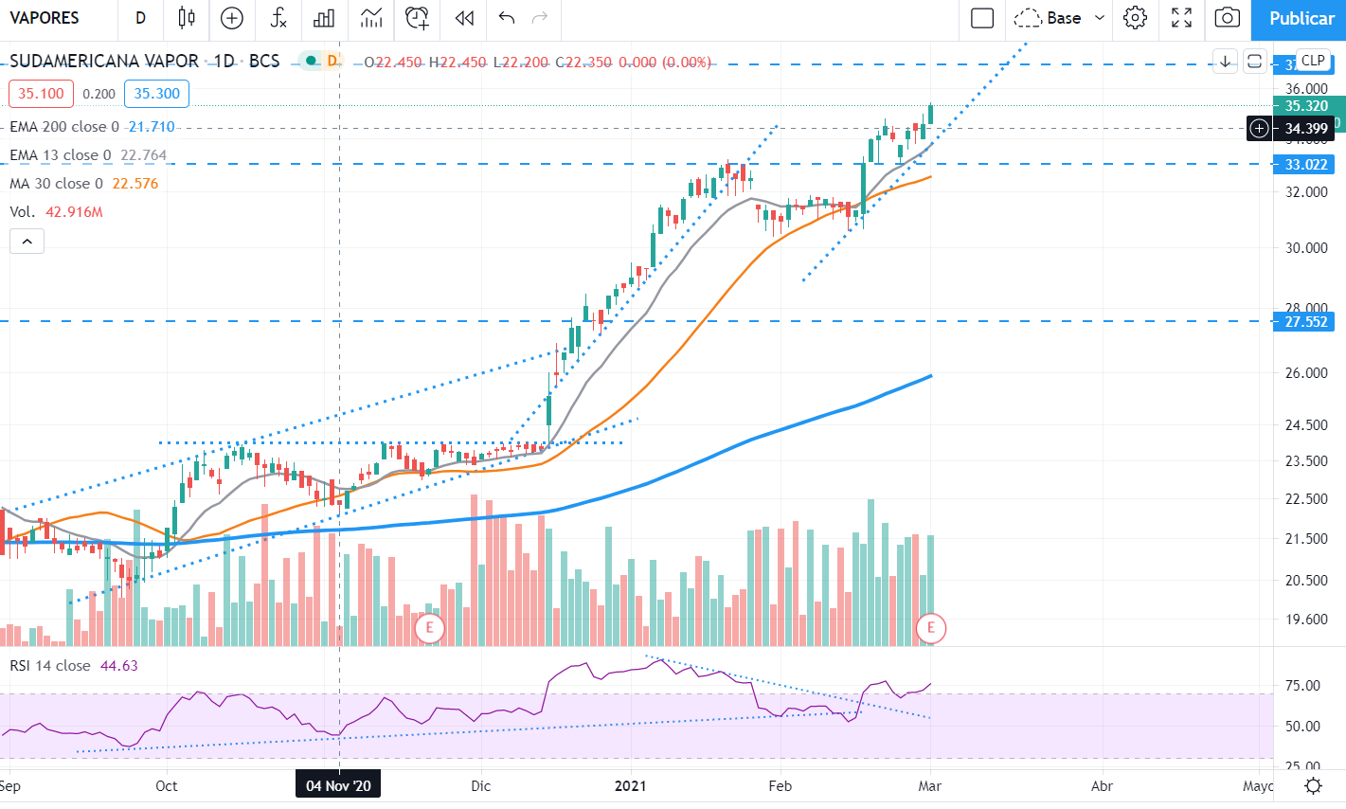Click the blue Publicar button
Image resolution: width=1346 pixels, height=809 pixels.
[1301, 18]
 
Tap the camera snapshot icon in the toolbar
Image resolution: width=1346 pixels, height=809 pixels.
[1227, 18]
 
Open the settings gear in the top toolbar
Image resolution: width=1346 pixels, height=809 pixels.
[1135, 18]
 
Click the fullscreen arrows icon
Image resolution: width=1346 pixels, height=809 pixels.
[1181, 18]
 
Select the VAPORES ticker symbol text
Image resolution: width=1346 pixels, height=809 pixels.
[45, 18]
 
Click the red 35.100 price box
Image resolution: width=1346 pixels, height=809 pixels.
[41, 94]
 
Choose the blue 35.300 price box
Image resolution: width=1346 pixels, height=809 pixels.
[156, 94]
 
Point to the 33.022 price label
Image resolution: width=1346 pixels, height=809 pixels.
[1306, 165]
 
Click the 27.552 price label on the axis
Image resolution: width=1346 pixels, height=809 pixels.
[1306, 322]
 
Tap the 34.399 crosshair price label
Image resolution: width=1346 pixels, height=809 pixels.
[1306, 129]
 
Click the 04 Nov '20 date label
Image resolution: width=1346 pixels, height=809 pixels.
[338, 786]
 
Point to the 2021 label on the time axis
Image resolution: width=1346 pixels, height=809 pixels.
[631, 786]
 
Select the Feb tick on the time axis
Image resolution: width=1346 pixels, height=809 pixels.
[780, 786]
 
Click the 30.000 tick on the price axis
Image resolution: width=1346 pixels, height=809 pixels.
[1306, 248]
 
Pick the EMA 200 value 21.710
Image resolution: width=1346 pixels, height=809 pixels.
[152, 127]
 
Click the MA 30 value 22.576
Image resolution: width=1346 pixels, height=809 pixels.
[135, 184]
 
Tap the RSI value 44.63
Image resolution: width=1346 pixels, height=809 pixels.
[118, 666]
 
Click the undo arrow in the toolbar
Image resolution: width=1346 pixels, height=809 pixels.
[506, 18]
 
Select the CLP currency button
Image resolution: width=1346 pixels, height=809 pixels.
[1313, 61]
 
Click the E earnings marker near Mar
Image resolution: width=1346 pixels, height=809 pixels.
[930, 627]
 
